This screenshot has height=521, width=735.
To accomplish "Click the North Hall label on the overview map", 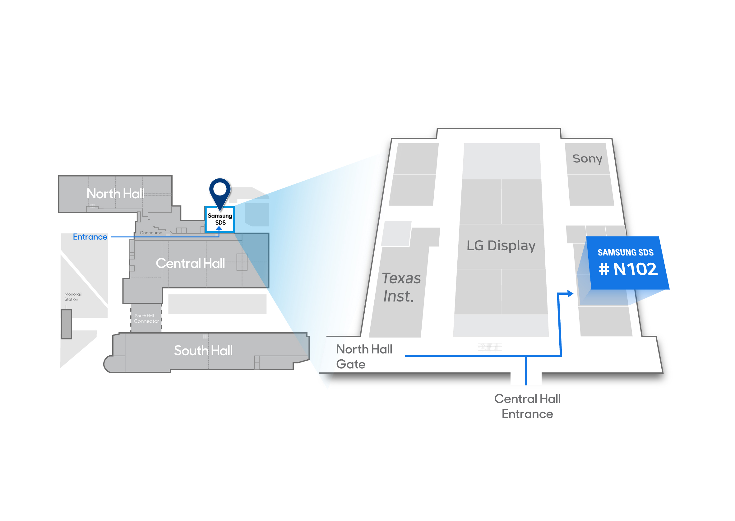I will tap(115, 194).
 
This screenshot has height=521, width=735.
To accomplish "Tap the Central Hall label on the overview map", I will tap(190, 263).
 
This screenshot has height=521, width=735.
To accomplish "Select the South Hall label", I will tap(203, 351).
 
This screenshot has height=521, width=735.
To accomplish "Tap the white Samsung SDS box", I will tap(220, 219).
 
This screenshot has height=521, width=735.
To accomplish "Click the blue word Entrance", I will tap(90, 237).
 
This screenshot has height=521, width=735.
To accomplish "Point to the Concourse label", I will tap(151, 233).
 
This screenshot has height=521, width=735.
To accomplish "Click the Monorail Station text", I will tap(73, 297).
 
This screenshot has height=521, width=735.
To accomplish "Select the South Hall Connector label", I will tap(146, 319).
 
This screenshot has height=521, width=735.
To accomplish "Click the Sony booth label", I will tap(587, 159).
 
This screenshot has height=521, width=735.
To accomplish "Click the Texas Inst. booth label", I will tap(401, 287).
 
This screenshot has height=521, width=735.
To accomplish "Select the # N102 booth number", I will tap(628, 269).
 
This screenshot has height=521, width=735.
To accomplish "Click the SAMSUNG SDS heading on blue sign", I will tap(625, 252).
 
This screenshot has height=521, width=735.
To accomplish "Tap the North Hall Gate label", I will tap(364, 357).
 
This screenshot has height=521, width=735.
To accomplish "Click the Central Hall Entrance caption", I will tap(527, 406).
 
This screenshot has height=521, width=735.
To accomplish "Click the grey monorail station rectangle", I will tap(67, 324).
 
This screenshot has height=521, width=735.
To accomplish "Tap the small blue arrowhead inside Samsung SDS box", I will tap(219, 228).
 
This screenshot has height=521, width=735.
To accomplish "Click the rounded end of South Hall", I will tap(109, 364).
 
